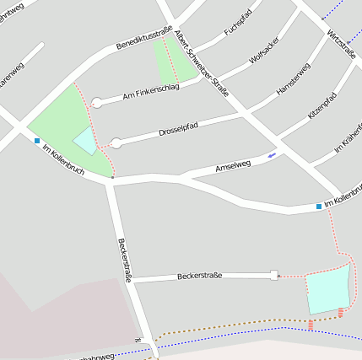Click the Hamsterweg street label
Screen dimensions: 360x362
pos(293,78)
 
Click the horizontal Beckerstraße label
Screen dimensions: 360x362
pos(200,276)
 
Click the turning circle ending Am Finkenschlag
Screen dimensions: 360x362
pos(96,103)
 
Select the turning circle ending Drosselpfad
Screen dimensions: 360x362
pos(116,143)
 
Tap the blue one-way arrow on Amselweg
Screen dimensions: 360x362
pos(271,155)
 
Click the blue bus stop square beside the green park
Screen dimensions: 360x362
pos(37,141)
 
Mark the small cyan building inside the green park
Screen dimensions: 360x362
pos(85,141)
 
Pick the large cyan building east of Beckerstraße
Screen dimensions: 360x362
pos(327,289)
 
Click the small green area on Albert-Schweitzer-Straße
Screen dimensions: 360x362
pos(174,59)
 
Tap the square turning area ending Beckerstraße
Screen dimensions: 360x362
pos(273,275)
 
